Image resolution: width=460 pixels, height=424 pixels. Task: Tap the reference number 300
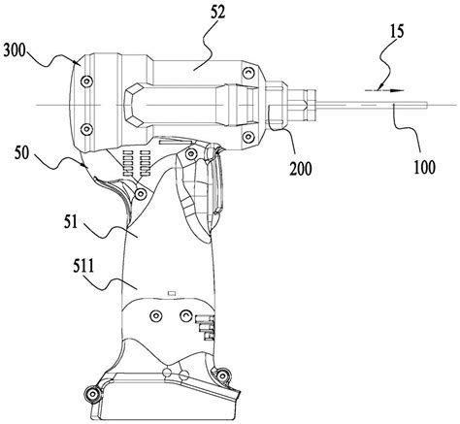pos(15,51)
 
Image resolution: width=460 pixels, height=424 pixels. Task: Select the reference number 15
pos(397,33)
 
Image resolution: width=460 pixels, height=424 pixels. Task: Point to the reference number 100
pos(425,167)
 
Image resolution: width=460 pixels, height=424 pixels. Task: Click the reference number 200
pos(301,169)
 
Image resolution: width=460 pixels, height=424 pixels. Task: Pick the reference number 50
pos(21,153)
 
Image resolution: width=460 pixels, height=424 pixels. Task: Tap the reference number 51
pos(71,223)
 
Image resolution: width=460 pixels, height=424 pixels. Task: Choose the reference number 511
pos(83,268)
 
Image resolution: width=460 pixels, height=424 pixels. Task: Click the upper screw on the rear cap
pos(86,81)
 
